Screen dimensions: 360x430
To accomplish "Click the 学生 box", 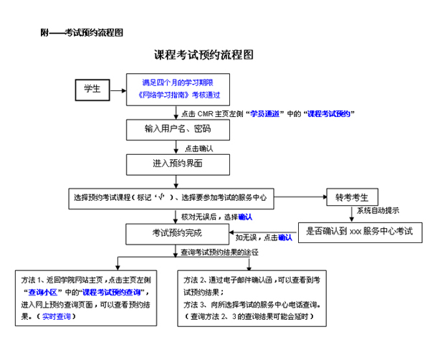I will pos(92,90).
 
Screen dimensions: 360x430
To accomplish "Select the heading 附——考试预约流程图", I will pos(83,33).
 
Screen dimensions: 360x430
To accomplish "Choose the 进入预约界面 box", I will pos(178,164).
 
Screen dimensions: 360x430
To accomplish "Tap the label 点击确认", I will pos(199,148).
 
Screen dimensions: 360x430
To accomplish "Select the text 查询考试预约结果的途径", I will pos(219,252).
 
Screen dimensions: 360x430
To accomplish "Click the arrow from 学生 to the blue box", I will pos(118,90).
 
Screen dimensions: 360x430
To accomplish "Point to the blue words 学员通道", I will pos(264,113).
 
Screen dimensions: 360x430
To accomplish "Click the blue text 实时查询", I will pos(57,316).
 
